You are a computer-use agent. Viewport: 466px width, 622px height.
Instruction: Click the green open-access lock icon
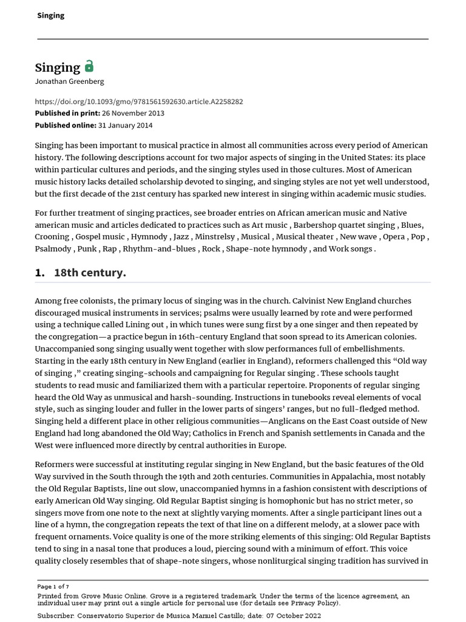pos(89,66)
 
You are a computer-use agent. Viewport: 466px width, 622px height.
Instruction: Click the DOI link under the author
pos(139,101)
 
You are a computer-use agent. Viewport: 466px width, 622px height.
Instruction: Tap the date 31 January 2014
pos(126,125)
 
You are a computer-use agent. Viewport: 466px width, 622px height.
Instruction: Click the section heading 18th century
pos(90,273)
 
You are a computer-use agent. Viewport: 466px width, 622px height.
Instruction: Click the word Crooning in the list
pos(52,237)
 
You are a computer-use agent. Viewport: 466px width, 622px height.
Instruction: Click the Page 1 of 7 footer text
pos(53,587)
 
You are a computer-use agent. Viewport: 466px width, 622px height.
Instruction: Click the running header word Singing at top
pos(51,15)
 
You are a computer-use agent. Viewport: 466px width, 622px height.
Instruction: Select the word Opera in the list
pos(393,237)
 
